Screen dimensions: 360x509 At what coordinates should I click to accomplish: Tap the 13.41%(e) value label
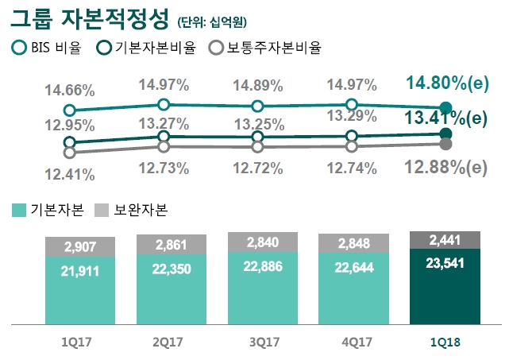[445, 119]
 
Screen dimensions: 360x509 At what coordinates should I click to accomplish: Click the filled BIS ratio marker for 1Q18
[445, 108]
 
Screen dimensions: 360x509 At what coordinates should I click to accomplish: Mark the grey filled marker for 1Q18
[445, 144]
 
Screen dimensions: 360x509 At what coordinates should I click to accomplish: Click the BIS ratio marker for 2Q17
[164, 104]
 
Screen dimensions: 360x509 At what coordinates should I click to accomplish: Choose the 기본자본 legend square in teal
[19, 210]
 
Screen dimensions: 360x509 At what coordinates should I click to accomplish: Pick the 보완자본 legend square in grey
[102, 210]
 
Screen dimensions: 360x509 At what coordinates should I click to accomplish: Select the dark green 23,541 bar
[445, 286]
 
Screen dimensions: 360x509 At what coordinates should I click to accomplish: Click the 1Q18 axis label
[445, 343]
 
